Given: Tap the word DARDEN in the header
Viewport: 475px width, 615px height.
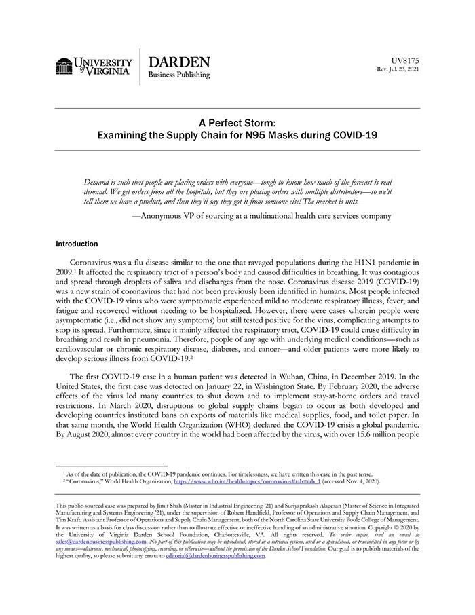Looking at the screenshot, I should tap(179, 62).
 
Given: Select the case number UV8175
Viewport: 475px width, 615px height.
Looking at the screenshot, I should tap(405, 60).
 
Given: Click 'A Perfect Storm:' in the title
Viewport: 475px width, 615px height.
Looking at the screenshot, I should tap(237, 123).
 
